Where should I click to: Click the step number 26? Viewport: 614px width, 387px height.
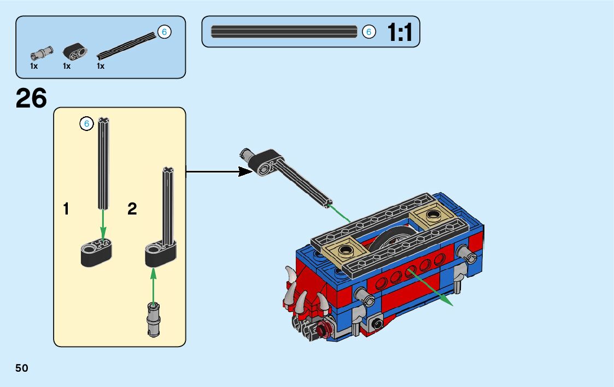31,99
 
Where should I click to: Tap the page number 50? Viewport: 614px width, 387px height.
22,368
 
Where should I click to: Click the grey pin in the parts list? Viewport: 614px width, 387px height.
42,53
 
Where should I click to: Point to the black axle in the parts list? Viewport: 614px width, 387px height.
126,46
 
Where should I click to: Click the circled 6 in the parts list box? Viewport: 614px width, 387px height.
163,32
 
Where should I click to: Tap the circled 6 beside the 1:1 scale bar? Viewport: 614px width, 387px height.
369,32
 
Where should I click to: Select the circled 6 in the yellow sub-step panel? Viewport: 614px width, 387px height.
86,124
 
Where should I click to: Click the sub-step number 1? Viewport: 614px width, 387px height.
66,209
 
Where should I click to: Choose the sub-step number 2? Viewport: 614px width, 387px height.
132,209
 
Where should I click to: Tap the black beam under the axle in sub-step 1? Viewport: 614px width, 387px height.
96,253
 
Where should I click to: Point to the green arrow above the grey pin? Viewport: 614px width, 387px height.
154,284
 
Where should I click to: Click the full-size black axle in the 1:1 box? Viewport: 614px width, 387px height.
284,32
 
